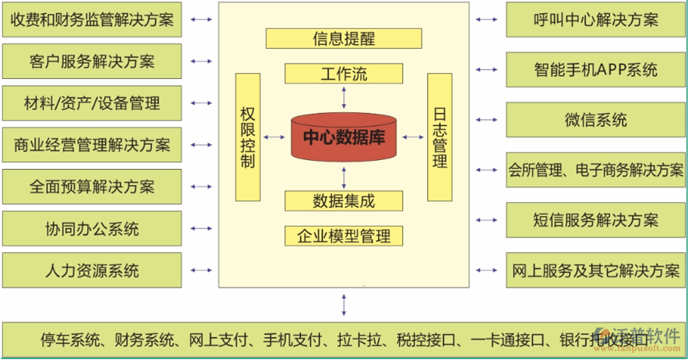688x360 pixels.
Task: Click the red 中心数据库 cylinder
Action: tap(343, 136)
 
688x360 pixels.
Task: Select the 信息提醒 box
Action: tap(343, 38)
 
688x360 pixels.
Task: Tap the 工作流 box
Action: tap(343, 74)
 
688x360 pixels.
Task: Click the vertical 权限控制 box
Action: tap(248, 136)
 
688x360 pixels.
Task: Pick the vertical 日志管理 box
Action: tap(439, 136)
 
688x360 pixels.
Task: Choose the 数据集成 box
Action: tap(343, 201)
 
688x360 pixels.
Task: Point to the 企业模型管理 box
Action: tap(343, 236)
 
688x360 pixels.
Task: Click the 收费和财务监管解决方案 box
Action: tap(92, 20)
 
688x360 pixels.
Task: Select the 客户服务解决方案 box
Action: tap(92, 61)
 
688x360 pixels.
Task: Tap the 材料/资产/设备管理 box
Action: tap(92, 103)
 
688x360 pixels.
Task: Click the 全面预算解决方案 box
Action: tap(92, 186)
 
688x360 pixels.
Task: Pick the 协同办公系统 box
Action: tap(92, 228)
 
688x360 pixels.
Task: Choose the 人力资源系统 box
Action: tap(92, 270)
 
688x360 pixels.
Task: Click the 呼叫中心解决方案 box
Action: tap(596, 20)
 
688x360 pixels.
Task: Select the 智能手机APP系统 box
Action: tap(596, 70)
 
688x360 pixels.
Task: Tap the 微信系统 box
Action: tap(596, 120)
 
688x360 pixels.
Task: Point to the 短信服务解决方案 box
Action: tap(596, 220)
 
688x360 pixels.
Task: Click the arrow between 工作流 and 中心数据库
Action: tap(343, 97)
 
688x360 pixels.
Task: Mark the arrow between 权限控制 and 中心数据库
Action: tap(275, 136)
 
